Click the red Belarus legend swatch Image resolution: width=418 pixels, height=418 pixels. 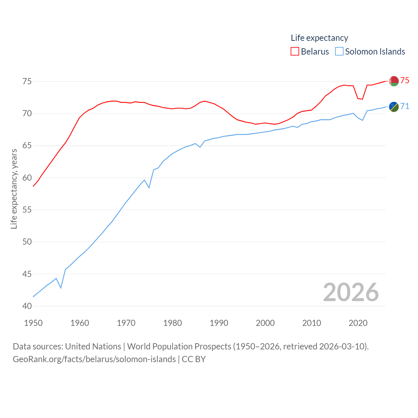click(295, 52)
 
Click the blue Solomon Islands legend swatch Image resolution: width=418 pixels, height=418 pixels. click(339, 52)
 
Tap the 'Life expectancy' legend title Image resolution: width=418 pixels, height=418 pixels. click(319, 38)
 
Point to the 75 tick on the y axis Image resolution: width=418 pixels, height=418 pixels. click(27, 81)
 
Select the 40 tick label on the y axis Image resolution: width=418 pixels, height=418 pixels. click(27, 306)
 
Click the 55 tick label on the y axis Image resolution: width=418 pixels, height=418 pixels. click(27, 210)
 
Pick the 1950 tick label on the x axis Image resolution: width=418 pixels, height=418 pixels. click(33, 323)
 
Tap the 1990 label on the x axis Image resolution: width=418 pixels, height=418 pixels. click(219, 323)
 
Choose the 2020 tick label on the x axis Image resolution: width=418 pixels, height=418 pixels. click(358, 323)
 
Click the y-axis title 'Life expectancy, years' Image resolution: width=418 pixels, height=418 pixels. click(14, 189)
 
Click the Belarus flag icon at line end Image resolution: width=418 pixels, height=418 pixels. click(394, 81)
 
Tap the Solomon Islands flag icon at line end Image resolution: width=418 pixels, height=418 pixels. click(394, 107)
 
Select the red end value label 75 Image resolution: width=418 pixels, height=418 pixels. click(405, 80)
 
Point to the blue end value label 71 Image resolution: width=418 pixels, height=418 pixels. click(405, 106)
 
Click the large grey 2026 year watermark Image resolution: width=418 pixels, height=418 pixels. click(351, 292)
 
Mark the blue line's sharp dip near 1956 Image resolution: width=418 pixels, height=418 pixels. click(61, 288)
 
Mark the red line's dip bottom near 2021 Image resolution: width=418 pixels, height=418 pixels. click(362, 99)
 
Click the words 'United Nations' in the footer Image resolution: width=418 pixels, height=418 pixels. click(93, 346)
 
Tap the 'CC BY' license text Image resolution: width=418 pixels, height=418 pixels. click(194, 359)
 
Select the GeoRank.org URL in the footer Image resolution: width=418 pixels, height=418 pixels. click(94, 359)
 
